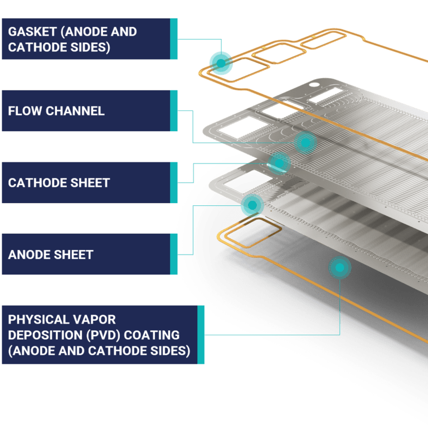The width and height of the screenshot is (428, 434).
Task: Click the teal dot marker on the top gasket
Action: [x=221, y=62]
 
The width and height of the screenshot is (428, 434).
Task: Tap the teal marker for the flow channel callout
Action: [x=305, y=143]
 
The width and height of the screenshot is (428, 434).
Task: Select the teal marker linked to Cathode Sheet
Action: [x=278, y=163]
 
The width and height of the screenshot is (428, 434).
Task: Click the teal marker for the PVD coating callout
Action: [x=339, y=268]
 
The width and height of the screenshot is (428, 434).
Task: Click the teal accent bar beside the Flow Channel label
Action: [x=173, y=110]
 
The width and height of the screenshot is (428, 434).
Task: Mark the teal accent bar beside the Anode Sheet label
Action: [x=173, y=254]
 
